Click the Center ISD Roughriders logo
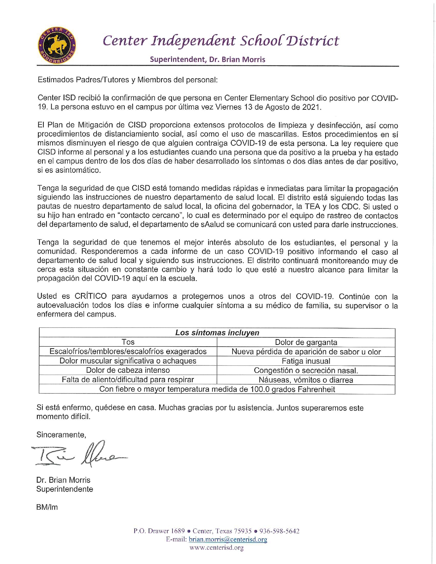click(56, 45)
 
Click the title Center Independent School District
click(221, 41)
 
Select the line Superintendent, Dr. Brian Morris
click(208, 59)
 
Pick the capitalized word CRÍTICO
click(91, 296)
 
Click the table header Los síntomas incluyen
click(217, 333)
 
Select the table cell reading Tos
click(128, 342)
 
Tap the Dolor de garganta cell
click(306, 343)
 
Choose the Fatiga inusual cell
click(306, 361)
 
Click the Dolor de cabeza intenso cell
click(128, 371)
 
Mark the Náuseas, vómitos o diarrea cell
click(306, 380)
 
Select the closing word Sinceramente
click(61, 435)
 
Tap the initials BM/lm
click(47, 507)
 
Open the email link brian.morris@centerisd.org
click(228, 539)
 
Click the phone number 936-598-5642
click(279, 531)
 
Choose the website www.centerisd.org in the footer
click(216, 548)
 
